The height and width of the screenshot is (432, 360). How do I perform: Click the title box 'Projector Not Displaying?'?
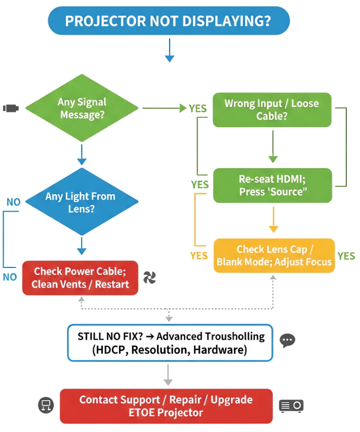[169, 21]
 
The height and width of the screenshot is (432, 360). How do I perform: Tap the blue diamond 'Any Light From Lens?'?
[81, 202]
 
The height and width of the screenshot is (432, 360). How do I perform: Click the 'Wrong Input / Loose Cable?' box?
[272, 109]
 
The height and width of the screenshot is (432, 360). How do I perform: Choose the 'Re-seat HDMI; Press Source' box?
[272, 185]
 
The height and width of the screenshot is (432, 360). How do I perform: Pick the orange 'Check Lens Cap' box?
[274, 255]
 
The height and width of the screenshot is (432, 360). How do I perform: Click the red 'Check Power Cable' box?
[80, 278]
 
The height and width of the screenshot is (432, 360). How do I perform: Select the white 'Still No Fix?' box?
[170, 343]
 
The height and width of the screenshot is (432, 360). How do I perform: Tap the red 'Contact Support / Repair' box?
[166, 406]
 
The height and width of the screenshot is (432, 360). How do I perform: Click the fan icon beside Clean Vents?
[149, 277]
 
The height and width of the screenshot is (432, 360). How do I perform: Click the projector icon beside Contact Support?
[291, 406]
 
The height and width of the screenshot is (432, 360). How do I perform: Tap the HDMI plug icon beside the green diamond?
[11, 108]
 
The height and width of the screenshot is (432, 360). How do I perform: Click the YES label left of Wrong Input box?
[197, 108]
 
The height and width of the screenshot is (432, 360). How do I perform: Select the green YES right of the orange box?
[346, 256]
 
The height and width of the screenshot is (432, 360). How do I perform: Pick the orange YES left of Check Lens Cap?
[199, 256]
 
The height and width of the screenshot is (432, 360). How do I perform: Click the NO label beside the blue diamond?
[14, 202]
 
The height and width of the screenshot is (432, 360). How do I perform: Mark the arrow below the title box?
[170, 51]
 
